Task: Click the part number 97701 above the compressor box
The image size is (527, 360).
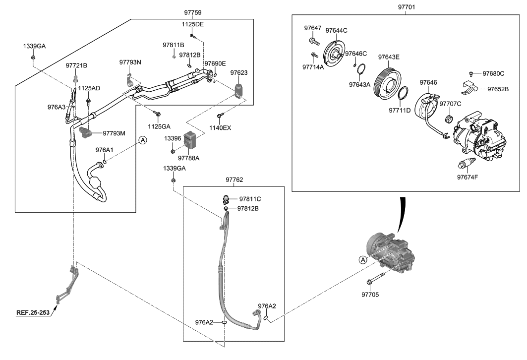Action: (405, 7)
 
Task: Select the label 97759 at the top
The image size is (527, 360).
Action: (192, 11)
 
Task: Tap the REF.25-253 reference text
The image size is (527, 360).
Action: (33, 313)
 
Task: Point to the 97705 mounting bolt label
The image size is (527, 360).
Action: (370, 295)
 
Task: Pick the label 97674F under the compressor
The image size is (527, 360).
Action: (468, 177)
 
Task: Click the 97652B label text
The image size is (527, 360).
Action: (498, 89)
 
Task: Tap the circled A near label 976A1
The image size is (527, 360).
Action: (142, 140)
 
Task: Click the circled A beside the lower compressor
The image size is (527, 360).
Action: (362, 259)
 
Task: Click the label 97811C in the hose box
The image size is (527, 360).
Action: (250, 199)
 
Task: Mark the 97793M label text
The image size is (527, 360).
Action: (115, 133)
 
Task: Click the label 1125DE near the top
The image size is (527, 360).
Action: (193, 24)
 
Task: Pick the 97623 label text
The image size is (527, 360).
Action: (238, 73)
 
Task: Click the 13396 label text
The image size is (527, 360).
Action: (173, 139)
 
